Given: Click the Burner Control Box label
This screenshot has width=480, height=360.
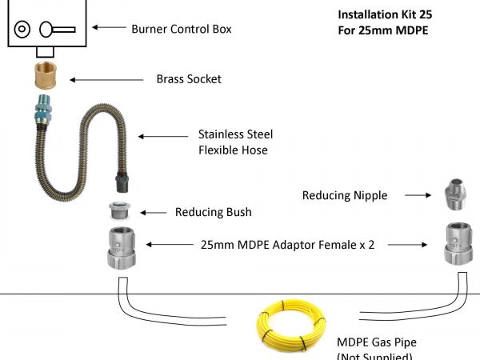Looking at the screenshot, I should [x=182, y=29].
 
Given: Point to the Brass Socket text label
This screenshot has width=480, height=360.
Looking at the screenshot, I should [x=189, y=79].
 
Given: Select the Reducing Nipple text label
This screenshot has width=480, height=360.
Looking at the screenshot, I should [x=345, y=194].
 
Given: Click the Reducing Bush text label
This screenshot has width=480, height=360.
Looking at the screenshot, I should [x=213, y=212].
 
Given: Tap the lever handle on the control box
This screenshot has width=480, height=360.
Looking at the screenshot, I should [x=55, y=30].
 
